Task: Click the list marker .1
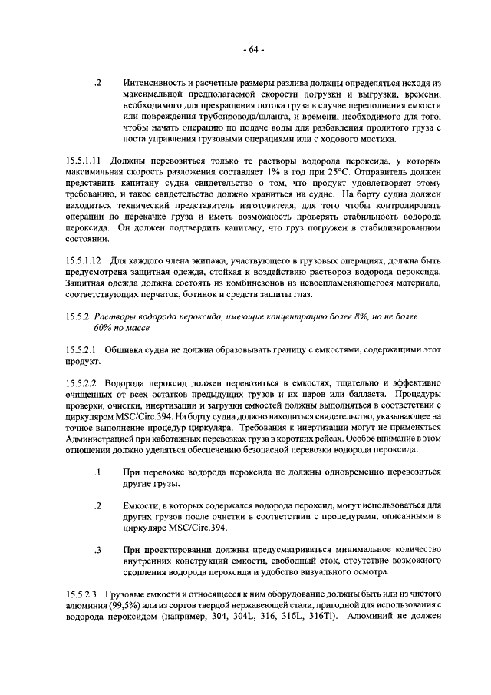coord(97,474)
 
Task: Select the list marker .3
coord(97,550)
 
